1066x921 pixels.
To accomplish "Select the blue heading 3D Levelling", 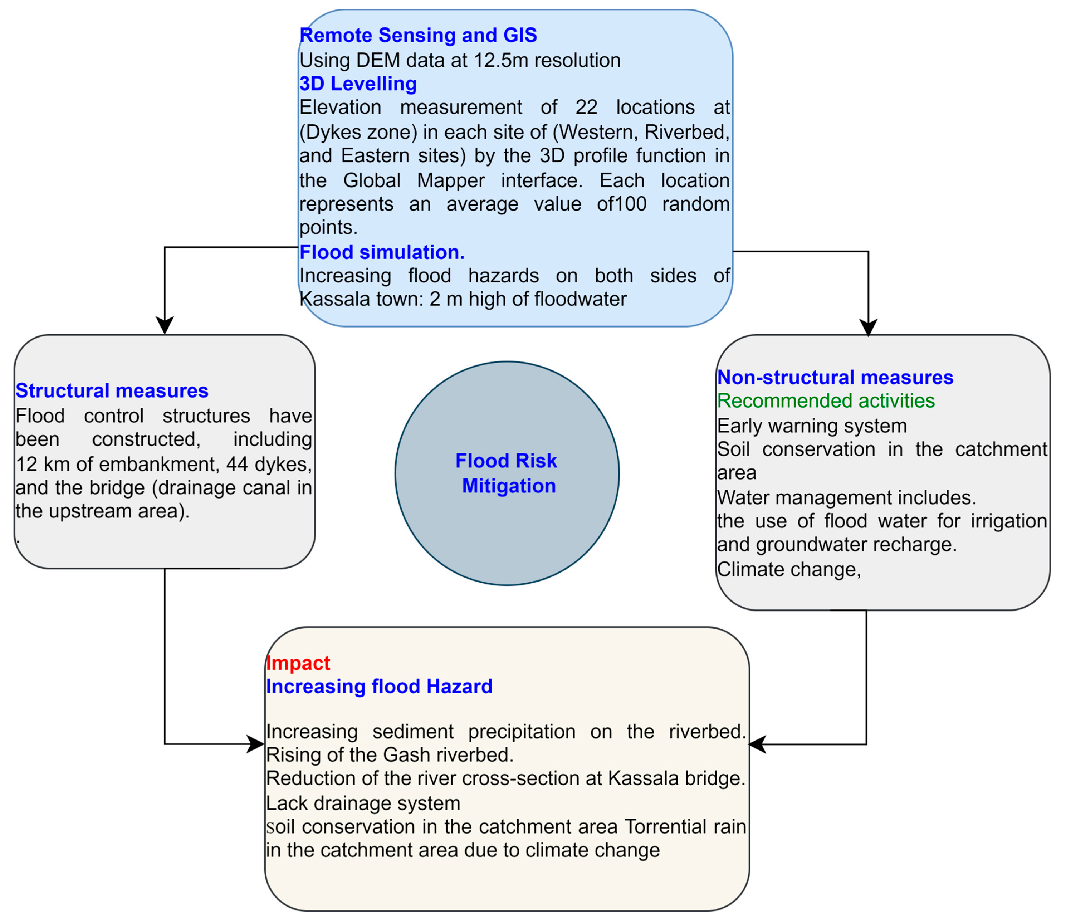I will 358,83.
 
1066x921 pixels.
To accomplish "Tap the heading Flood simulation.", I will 382,252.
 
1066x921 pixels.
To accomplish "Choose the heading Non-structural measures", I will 835,377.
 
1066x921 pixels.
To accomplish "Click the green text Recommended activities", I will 826,401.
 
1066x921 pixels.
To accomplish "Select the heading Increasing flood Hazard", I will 379,687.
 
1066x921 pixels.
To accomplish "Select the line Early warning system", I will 812,426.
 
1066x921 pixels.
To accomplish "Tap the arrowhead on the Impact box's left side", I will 256,744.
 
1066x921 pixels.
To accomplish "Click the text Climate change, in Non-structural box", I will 789,570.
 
